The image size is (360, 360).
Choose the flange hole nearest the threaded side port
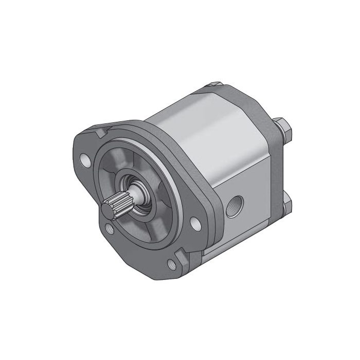pos(194,223)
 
